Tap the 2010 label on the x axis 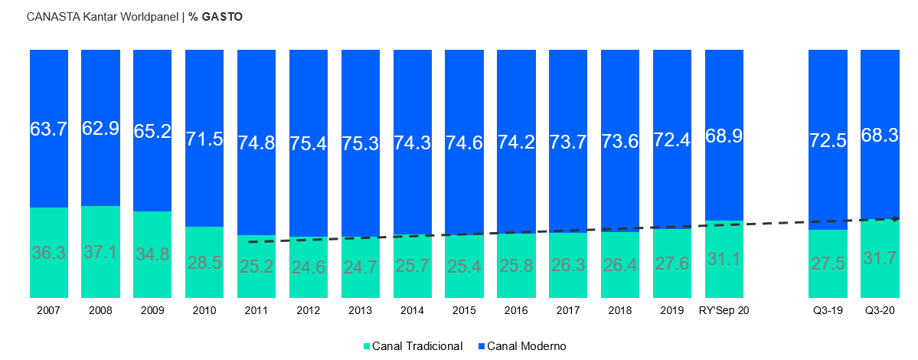point(204,311)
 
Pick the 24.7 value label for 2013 point(361,267)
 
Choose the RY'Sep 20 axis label point(724,311)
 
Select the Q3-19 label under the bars point(828,311)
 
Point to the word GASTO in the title point(221,16)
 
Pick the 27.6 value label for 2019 point(672,263)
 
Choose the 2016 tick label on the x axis point(516,311)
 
